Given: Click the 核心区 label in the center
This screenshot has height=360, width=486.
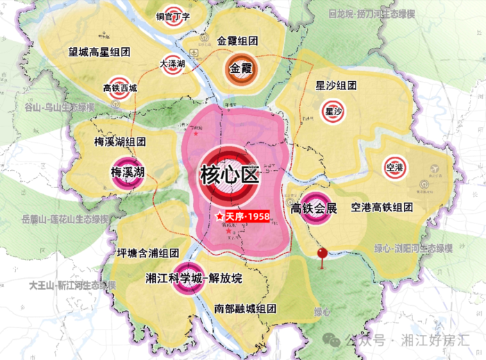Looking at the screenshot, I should pyautogui.click(x=228, y=173).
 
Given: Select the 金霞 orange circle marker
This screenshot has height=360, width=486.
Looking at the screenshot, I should pyautogui.click(x=239, y=69).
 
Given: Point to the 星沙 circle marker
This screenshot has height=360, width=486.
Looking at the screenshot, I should pyautogui.click(x=334, y=110).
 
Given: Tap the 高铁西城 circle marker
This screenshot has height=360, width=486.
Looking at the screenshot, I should pyautogui.click(x=119, y=87).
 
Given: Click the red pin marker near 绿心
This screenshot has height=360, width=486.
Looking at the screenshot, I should pyautogui.click(x=322, y=255).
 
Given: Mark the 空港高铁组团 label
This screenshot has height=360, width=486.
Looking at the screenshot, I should pyautogui.click(x=381, y=207).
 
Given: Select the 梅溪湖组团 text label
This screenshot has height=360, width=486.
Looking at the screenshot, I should pyautogui.click(x=119, y=141).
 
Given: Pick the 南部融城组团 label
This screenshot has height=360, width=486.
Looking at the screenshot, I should pyautogui.click(x=246, y=308).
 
